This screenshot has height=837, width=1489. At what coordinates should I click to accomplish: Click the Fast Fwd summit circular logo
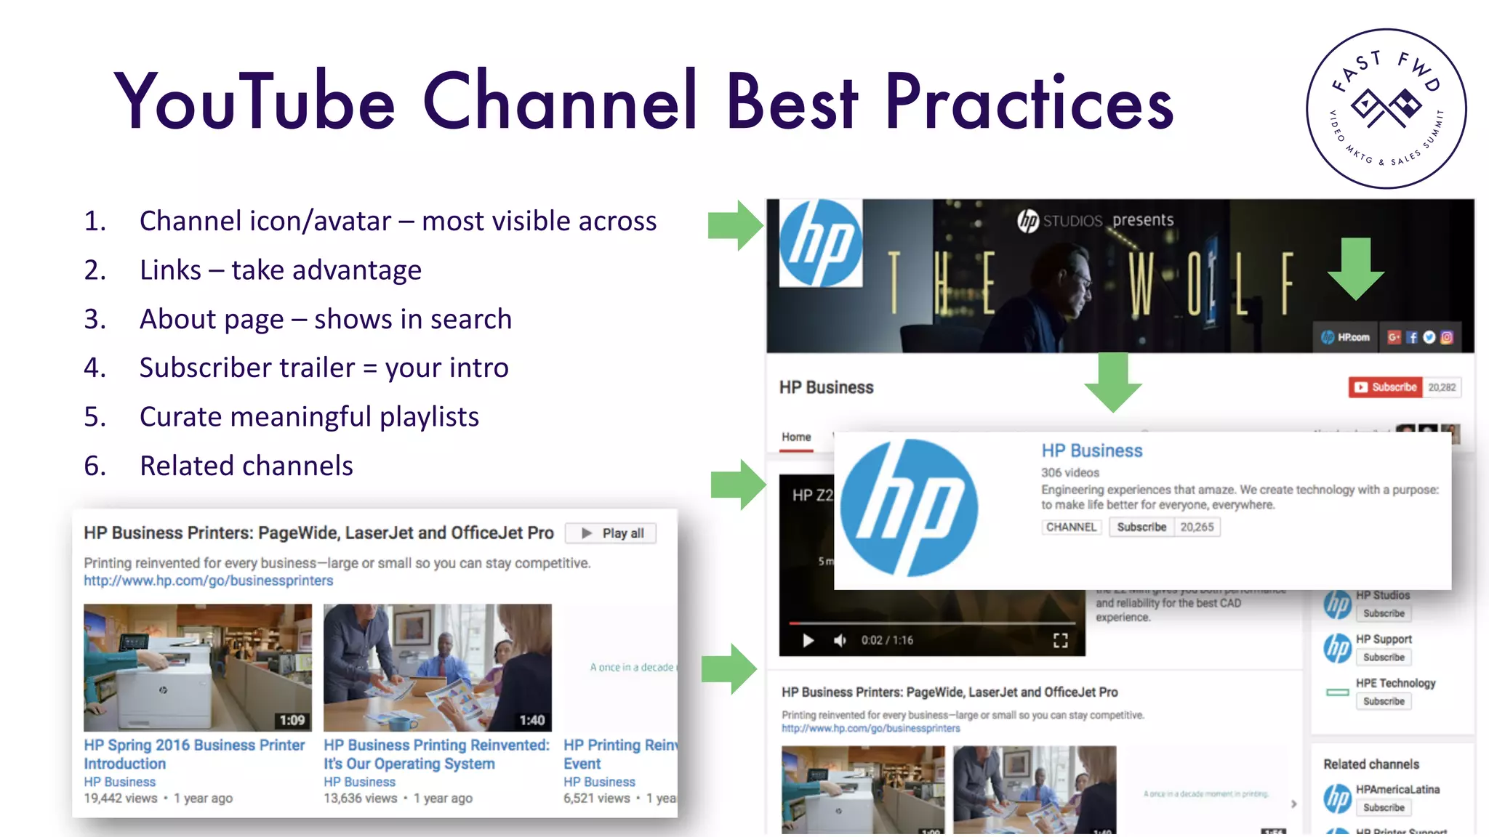point(1386,109)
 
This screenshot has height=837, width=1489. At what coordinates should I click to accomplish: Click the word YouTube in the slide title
point(254,102)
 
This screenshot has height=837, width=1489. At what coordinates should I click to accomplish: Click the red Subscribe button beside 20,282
point(1385,387)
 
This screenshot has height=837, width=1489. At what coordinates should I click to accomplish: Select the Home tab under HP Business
point(796,437)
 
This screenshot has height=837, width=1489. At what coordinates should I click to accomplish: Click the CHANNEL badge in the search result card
point(1071,527)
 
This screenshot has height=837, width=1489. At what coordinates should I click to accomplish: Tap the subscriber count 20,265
point(1197,527)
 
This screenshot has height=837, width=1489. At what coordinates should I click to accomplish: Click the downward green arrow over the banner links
point(1356,267)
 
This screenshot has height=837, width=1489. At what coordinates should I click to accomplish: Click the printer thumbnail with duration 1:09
point(198,667)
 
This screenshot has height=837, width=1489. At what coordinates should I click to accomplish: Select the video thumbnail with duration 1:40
point(437,667)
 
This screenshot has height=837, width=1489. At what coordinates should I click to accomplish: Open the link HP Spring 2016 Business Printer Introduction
point(194,754)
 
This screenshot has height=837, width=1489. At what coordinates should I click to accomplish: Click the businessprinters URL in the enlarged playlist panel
point(208,581)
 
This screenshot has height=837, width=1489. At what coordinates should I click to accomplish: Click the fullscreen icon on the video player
point(1061,640)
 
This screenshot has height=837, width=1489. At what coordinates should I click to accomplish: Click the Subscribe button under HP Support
point(1384,658)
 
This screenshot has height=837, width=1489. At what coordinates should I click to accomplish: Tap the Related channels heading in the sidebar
point(1370,764)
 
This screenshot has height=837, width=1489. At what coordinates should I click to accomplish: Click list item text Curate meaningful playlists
point(309,417)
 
